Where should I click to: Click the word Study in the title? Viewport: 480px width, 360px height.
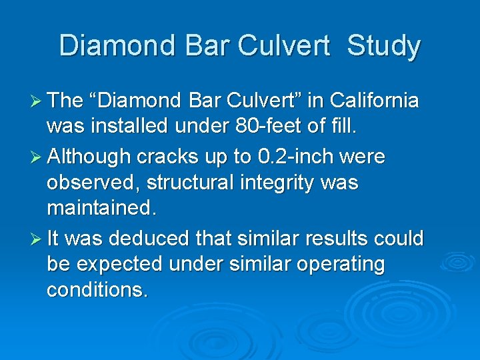pyautogui.click(x=384, y=47)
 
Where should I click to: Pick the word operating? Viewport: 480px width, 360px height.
pyautogui.click(x=339, y=265)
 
